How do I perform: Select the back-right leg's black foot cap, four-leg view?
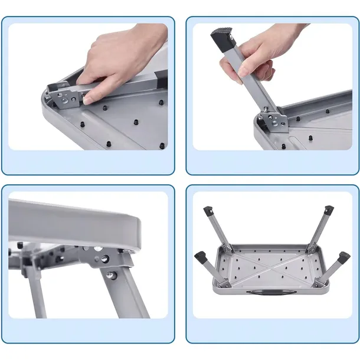click(x=328, y=211)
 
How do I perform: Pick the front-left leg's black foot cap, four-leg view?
click(x=201, y=257)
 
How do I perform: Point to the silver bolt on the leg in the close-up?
click(x=112, y=275)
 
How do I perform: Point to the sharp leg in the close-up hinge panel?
click(x=127, y=295)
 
